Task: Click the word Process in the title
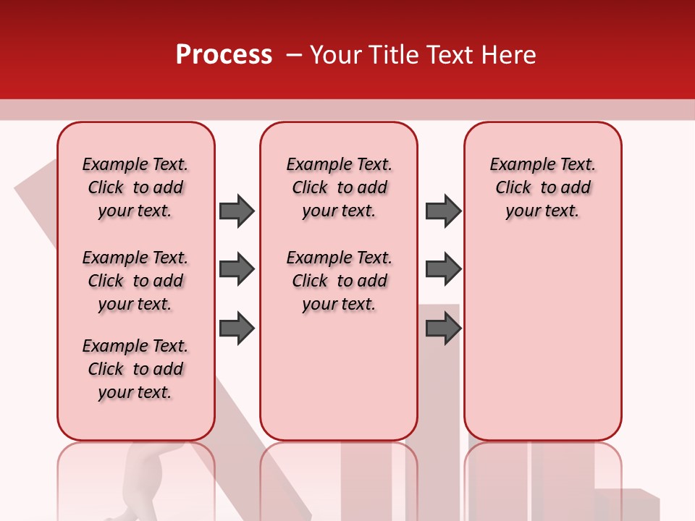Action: coord(224,55)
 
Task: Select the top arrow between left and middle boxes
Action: coord(237,211)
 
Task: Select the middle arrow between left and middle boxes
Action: coord(237,269)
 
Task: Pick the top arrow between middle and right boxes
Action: coord(443,211)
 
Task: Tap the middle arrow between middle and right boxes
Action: coord(443,269)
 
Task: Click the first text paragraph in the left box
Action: coord(135,187)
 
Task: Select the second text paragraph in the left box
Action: coord(135,281)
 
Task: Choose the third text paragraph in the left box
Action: coord(135,369)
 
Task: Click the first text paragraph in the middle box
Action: coord(340,187)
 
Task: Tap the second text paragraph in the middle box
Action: coord(340,281)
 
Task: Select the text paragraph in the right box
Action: coord(543,187)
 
